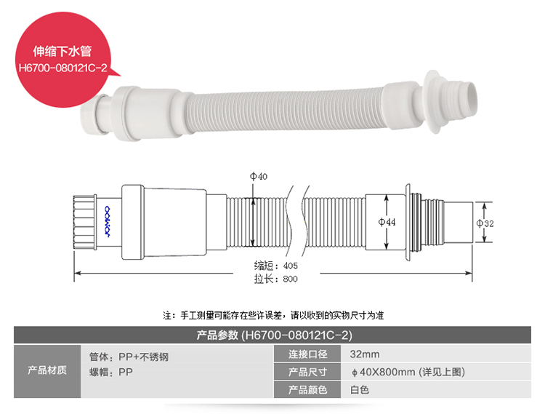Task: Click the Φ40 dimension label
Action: point(258,177)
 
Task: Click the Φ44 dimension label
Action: point(387,223)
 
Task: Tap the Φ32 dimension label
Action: point(485,223)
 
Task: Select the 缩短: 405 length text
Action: point(275,266)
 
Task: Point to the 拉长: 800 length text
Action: point(275,279)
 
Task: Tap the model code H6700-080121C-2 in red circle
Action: point(63,69)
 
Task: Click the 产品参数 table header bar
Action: point(272,335)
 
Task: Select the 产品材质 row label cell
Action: point(47,371)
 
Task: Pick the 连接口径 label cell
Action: point(308,354)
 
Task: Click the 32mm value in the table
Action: point(365,354)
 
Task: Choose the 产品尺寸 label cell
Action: point(308,372)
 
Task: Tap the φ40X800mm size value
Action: point(407,372)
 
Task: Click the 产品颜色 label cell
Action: point(308,390)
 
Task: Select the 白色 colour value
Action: point(360,390)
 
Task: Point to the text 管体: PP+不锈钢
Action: point(132,357)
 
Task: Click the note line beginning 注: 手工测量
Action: point(272,315)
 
